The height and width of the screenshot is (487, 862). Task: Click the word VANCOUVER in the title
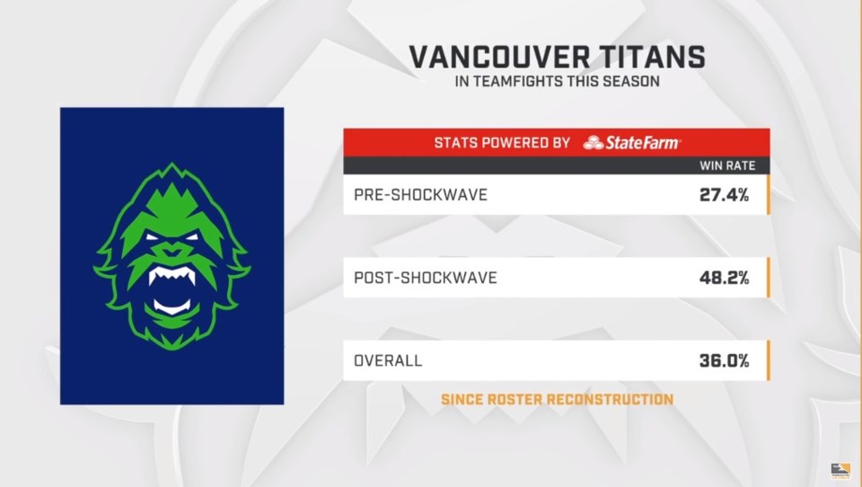pyautogui.click(x=499, y=57)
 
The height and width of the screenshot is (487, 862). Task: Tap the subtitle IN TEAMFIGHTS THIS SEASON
pyautogui.click(x=557, y=82)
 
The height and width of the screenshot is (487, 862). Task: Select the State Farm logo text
pyautogui.click(x=643, y=143)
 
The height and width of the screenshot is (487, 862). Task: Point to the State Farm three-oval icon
pyautogui.click(x=594, y=143)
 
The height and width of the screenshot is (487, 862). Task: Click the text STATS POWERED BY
pyautogui.click(x=502, y=143)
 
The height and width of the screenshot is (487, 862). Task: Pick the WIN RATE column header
pyautogui.click(x=727, y=165)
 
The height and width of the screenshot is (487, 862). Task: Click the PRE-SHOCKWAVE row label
pyautogui.click(x=420, y=195)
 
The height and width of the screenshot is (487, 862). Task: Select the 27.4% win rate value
pyautogui.click(x=724, y=195)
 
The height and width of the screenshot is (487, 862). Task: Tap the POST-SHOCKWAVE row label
pyautogui.click(x=426, y=278)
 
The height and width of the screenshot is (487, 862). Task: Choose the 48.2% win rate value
pyautogui.click(x=724, y=278)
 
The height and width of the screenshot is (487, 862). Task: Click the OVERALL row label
pyautogui.click(x=388, y=360)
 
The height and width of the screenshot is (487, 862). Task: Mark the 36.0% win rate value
pyautogui.click(x=724, y=360)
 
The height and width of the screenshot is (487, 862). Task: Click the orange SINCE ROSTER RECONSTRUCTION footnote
pyautogui.click(x=557, y=399)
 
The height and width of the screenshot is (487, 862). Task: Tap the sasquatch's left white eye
pyautogui.click(x=153, y=238)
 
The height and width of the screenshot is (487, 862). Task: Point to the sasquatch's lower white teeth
pyautogui.click(x=172, y=306)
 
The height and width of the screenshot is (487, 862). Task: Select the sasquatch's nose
pyautogui.click(x=172, y=251)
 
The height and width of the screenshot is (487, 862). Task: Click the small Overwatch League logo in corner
pyautogui.click(x=840, y=472)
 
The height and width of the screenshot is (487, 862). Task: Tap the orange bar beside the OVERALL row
pyautogui.click(x=768, y=360)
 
